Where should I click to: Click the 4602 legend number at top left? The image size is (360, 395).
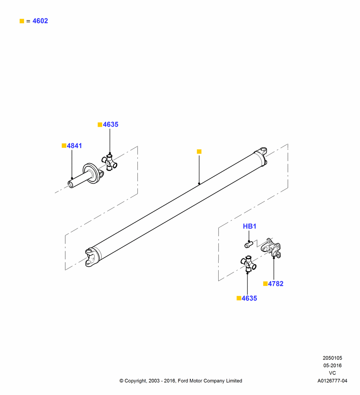40,21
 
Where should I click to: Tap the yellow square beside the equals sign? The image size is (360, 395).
22,21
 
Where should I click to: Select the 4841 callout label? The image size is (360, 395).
74,146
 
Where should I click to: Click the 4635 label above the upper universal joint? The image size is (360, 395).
111,124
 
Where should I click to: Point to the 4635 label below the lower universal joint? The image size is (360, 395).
249,298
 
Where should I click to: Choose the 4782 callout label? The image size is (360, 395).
276,284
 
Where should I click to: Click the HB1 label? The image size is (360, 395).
249,226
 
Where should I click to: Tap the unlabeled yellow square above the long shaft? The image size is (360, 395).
199,151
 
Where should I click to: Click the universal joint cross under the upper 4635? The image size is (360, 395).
109,162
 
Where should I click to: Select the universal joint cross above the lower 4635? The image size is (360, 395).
248,263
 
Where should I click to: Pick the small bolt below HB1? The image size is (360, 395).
249,244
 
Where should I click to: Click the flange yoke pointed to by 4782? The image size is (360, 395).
271,248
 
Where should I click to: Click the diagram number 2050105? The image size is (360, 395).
332,358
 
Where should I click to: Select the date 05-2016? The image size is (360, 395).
332,365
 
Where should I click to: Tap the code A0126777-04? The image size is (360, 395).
332,381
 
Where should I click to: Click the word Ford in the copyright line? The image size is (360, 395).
183,381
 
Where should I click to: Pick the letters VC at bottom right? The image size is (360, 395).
332,373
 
